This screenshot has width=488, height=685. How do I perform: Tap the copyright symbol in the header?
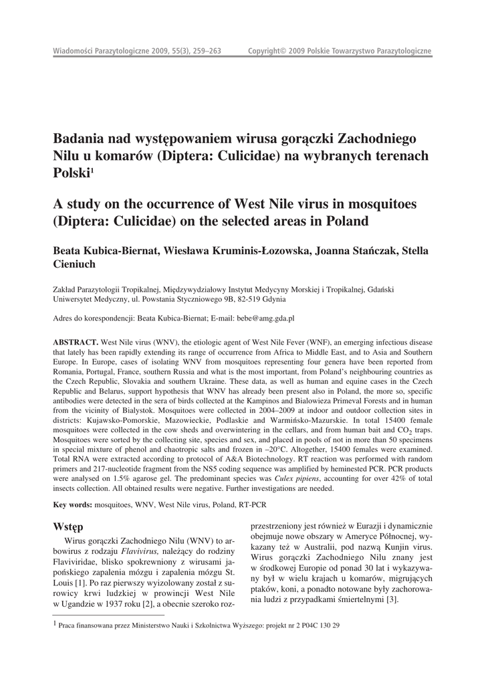(x=283, y=52)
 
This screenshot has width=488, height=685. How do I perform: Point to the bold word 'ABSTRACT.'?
(x=76, y=342)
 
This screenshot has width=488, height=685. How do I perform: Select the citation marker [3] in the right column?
(x=393, y=599)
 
